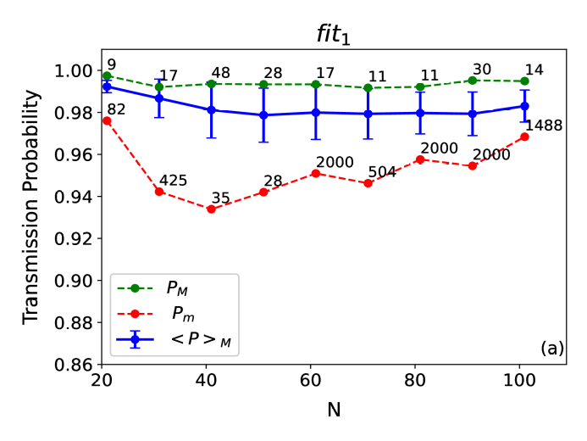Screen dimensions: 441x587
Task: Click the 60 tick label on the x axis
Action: point(314,379)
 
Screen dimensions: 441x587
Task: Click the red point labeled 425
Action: point(158,192)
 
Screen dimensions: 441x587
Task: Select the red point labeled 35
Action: point(211,209)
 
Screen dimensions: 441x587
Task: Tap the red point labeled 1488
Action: point(525,137)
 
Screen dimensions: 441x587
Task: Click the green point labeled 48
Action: point(211,84)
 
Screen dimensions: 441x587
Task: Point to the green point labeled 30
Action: point(473,81)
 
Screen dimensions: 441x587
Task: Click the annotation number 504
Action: point(382,173)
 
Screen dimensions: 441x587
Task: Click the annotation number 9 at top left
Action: point(110,64)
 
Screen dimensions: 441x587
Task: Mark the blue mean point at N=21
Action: point(107,87)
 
